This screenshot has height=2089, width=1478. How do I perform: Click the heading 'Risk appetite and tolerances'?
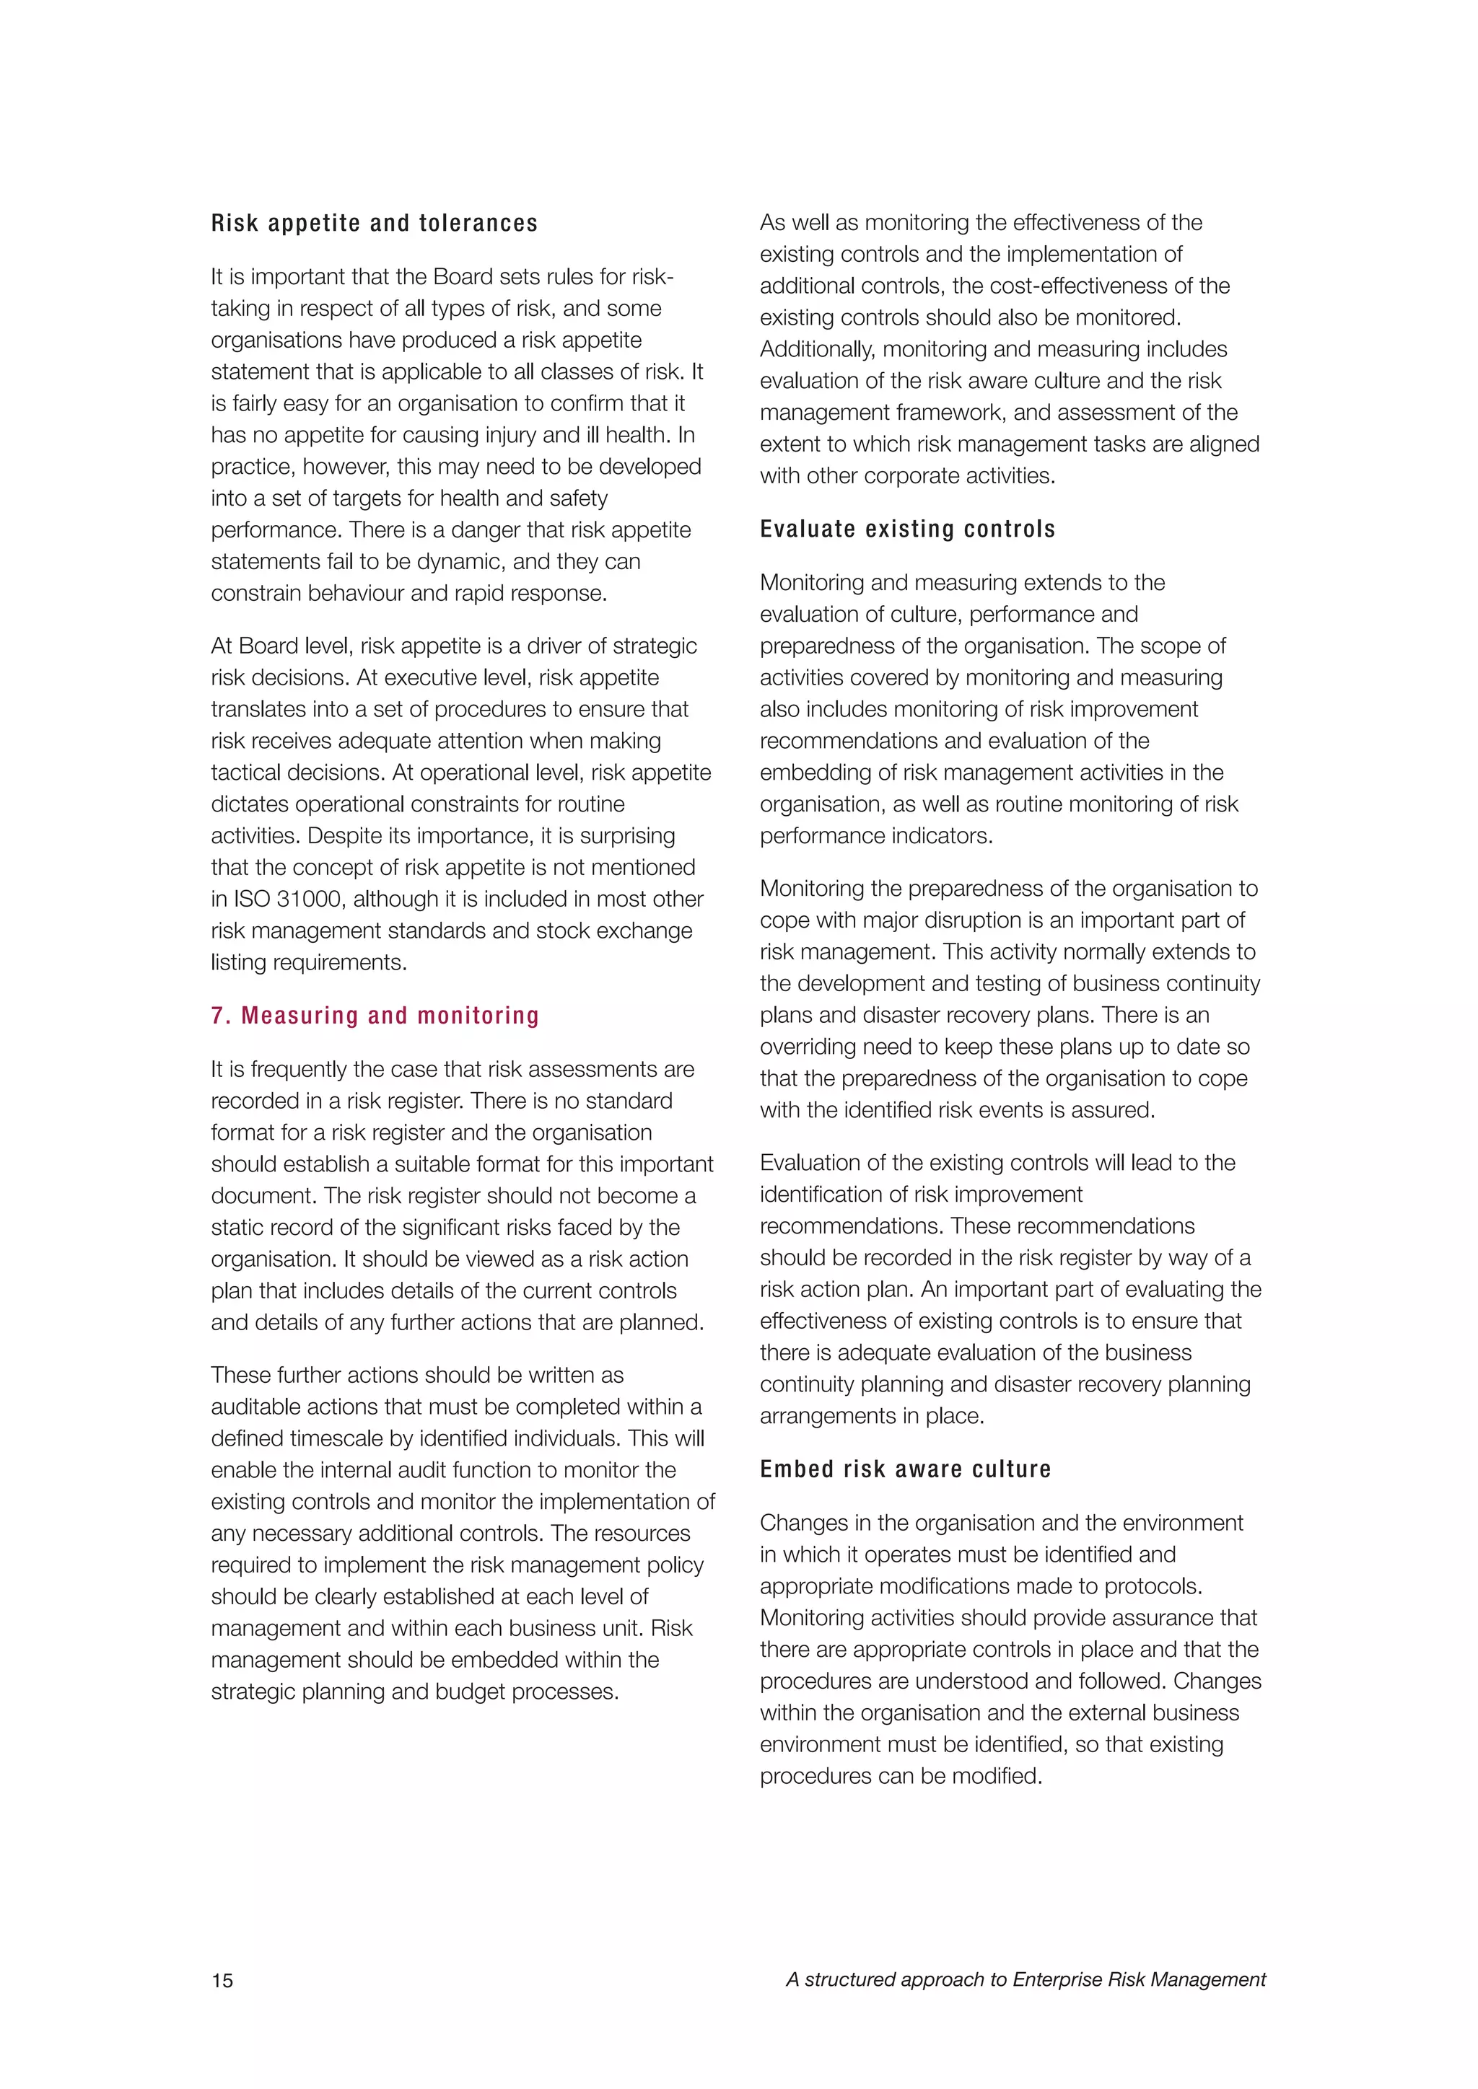374,223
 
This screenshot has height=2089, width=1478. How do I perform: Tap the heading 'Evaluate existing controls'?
907,529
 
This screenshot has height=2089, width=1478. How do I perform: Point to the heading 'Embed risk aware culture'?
905,1469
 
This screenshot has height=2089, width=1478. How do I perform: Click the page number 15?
222,1981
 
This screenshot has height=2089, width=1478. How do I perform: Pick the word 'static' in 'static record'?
237,1228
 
